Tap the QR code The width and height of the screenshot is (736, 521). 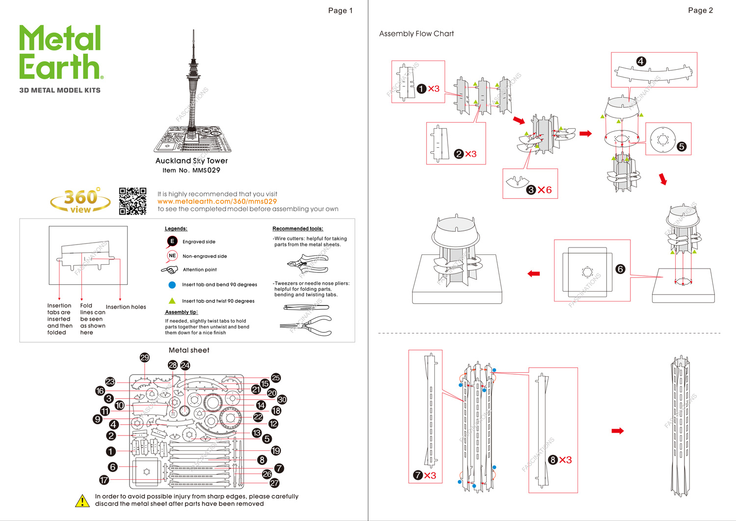click(132, 201)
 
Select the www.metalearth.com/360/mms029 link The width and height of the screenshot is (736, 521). click(217, 201)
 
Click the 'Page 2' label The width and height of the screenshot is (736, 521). click(700, 10)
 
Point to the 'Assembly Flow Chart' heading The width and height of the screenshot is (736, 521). click(416, 33)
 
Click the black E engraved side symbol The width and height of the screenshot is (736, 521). click(172, 241)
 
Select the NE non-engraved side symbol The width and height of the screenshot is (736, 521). click(172, 256)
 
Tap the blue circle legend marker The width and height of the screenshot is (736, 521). click(172, 285)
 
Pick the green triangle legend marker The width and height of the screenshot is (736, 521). click(172, 301)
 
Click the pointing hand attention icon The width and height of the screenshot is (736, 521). click(170, 270)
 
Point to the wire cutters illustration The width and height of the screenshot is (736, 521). click(308, 263)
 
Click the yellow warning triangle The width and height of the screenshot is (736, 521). click(82, 500)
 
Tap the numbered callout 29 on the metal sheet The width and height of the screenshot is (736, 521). click(144, 357)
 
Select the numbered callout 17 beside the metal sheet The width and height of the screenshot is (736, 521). click(104, 480)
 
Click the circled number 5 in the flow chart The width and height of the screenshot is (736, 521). click(681, 146)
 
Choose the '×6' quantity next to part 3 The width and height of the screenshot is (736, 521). click(545, 190)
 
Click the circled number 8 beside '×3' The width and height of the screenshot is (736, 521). click(553, 460)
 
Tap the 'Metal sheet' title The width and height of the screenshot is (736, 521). click(189, 350)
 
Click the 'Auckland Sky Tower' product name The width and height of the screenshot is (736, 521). click(191, 161)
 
